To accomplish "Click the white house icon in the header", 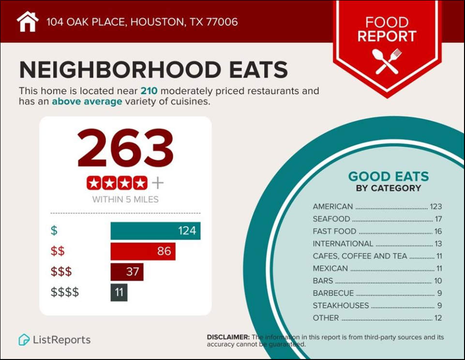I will [x=28, y=22].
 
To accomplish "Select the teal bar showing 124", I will [x=155, y=231].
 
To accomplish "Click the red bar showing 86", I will [x=143, y=252].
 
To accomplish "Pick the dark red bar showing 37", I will [x=127, y=272].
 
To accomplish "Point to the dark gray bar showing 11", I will [x=119, y=292].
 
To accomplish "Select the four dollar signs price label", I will [x=64, y=292].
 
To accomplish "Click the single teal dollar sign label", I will [x=54, y=231].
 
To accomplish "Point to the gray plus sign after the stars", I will [x=158, y=183].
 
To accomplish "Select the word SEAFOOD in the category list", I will [x=331, y=219].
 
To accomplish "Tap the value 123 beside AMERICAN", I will [x=435, y=207].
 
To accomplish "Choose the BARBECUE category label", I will [x=333, y=293].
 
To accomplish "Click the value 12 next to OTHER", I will [x=438, y=318].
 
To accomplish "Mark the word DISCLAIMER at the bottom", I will [x=228, y=337].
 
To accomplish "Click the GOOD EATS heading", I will [x=389, y=176].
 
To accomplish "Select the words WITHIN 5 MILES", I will [x=125, y=199].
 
